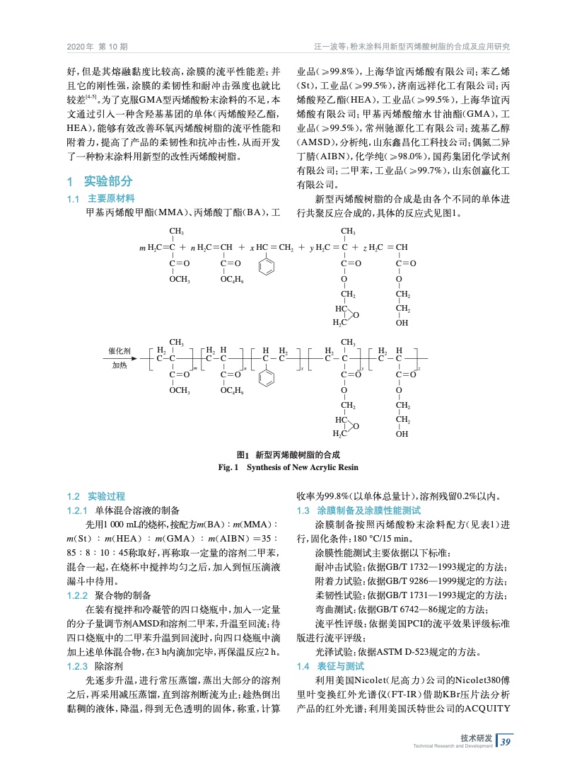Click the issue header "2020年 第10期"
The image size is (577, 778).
(x=97, y=47)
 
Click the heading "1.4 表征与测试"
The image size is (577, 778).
(x=330, y=667)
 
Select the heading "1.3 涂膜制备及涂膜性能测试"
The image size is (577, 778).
(x=359, y=510)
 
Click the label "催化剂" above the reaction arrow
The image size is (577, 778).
(x=120, y=351)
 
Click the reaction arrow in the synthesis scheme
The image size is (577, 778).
(x=121, y=359)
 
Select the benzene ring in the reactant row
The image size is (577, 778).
(x=265, y=269)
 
